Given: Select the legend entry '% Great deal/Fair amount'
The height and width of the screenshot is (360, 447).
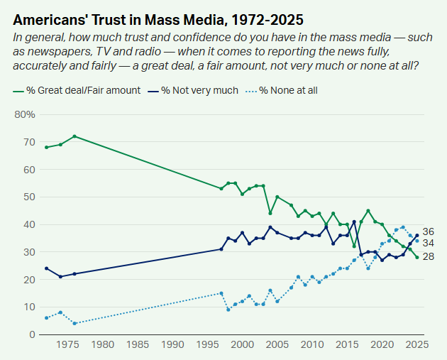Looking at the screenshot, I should pyautogui.click(x=77, y=90).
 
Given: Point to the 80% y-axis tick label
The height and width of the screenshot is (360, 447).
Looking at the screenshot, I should pyautogui.click(x=25, y=114).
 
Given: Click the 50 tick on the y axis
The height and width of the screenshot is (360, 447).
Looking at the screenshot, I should pyautogui.click(x=29, y=197).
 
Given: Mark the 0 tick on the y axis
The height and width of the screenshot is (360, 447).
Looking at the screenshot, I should pyautogui.click(x=32, y=334).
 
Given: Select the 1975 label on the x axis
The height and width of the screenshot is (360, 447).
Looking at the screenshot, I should pyautogui.click(x=67, y=345).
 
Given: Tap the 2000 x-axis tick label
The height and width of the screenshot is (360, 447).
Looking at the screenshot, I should pyautogui.click(x=243, y=345).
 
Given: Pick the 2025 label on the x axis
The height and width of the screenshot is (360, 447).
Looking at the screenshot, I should pyautogui.click(x=416, y=345).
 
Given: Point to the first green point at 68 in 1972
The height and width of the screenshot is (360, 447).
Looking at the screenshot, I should pyautogui.click(x=47, y=147).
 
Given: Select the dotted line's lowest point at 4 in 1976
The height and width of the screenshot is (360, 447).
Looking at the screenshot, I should pyautogui.click(x=74, y=323).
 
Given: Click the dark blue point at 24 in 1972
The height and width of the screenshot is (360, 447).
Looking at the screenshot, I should pyautogui.click(x=47, y=268).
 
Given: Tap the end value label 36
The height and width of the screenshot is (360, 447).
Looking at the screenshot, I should pyautogui.click(x=428, y=231).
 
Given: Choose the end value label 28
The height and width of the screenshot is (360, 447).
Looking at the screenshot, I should pyautogui.click(x=428, y=256).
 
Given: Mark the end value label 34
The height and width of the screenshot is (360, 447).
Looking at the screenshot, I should pyautogui.click(x=428, y=243).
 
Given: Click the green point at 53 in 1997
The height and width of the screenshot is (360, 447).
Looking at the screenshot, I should pyautogui.click(x=221, y=188).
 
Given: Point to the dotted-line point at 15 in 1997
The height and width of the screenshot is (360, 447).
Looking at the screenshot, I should pyautogui.click(x=221, y=293).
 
